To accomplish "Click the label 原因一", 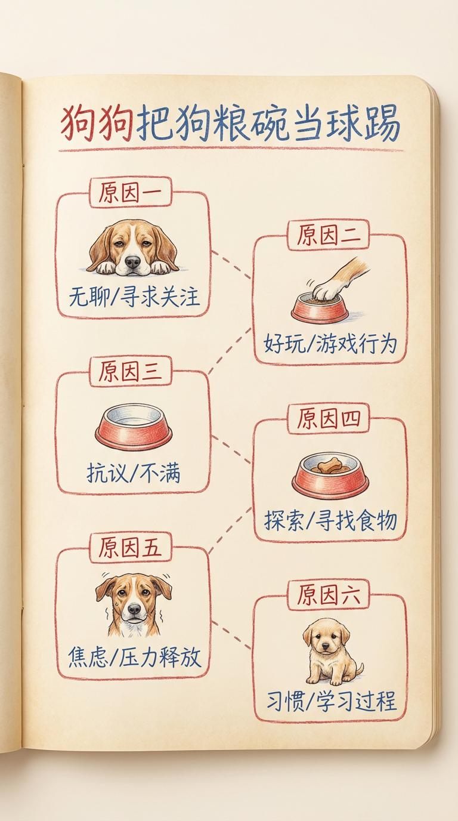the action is (131, 193).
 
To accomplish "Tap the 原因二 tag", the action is (329, 235).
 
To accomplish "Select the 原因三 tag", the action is (131, 371).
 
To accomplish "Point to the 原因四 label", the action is (329, 419).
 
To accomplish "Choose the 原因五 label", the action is (131, 547).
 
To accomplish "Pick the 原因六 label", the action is (329, 594).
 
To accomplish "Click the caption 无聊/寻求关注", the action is (134, 297).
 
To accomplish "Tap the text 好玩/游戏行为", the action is (330, 344).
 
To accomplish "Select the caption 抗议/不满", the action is (134, 473).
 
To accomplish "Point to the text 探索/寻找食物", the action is (330, 520).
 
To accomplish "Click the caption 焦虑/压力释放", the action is (134, 656).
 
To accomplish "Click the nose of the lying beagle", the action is (132, 262).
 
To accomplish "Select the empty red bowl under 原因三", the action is (134, 427).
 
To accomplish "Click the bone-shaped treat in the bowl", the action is (329, 466).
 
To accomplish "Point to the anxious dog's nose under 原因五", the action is (134, 609).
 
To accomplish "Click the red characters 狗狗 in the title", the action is (97, 124).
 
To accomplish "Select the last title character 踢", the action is (382, 122).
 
